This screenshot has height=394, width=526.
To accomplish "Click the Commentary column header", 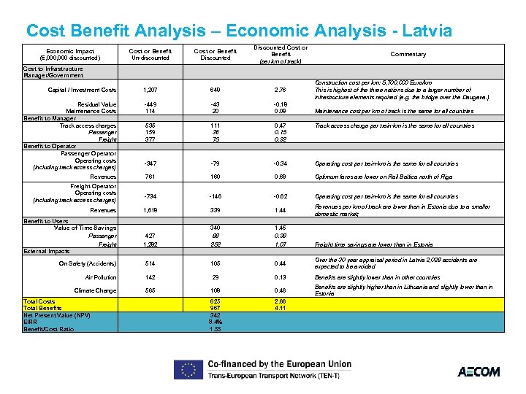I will click(x=408, y=54).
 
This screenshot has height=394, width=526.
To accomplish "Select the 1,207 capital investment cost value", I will click(x=150, y=90).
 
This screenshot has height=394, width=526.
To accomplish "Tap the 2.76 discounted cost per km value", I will click(x=281, y=90).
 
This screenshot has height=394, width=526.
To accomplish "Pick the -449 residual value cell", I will click(x=150, y=104).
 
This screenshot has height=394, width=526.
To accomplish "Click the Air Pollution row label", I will click(x=101, y=277).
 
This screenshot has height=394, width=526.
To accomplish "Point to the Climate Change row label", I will click(x=96, y=290).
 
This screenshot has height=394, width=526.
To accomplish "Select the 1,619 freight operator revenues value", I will click(x=150, y=210).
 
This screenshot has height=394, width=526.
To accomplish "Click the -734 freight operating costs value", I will click(x=150, y=196).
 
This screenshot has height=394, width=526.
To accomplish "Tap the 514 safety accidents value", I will click(x=150, y=263).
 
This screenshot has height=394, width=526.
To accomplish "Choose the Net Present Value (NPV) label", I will click(x=57, y=314).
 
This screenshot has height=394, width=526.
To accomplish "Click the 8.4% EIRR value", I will click(x=216, y=321).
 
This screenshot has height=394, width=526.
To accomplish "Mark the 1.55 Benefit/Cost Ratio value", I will click(x=216, y=328).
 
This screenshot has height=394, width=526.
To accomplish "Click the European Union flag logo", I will click(x=187, y=371).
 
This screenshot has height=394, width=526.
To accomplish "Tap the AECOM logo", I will click(x=479, y=371).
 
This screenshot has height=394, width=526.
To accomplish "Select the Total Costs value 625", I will click(x=216, y=301).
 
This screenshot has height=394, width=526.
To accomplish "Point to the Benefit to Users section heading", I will click(x=46, y=221).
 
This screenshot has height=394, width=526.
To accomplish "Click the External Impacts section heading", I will click(x=47, y=251).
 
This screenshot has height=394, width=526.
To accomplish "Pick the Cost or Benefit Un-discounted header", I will click(x=150, y=54).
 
